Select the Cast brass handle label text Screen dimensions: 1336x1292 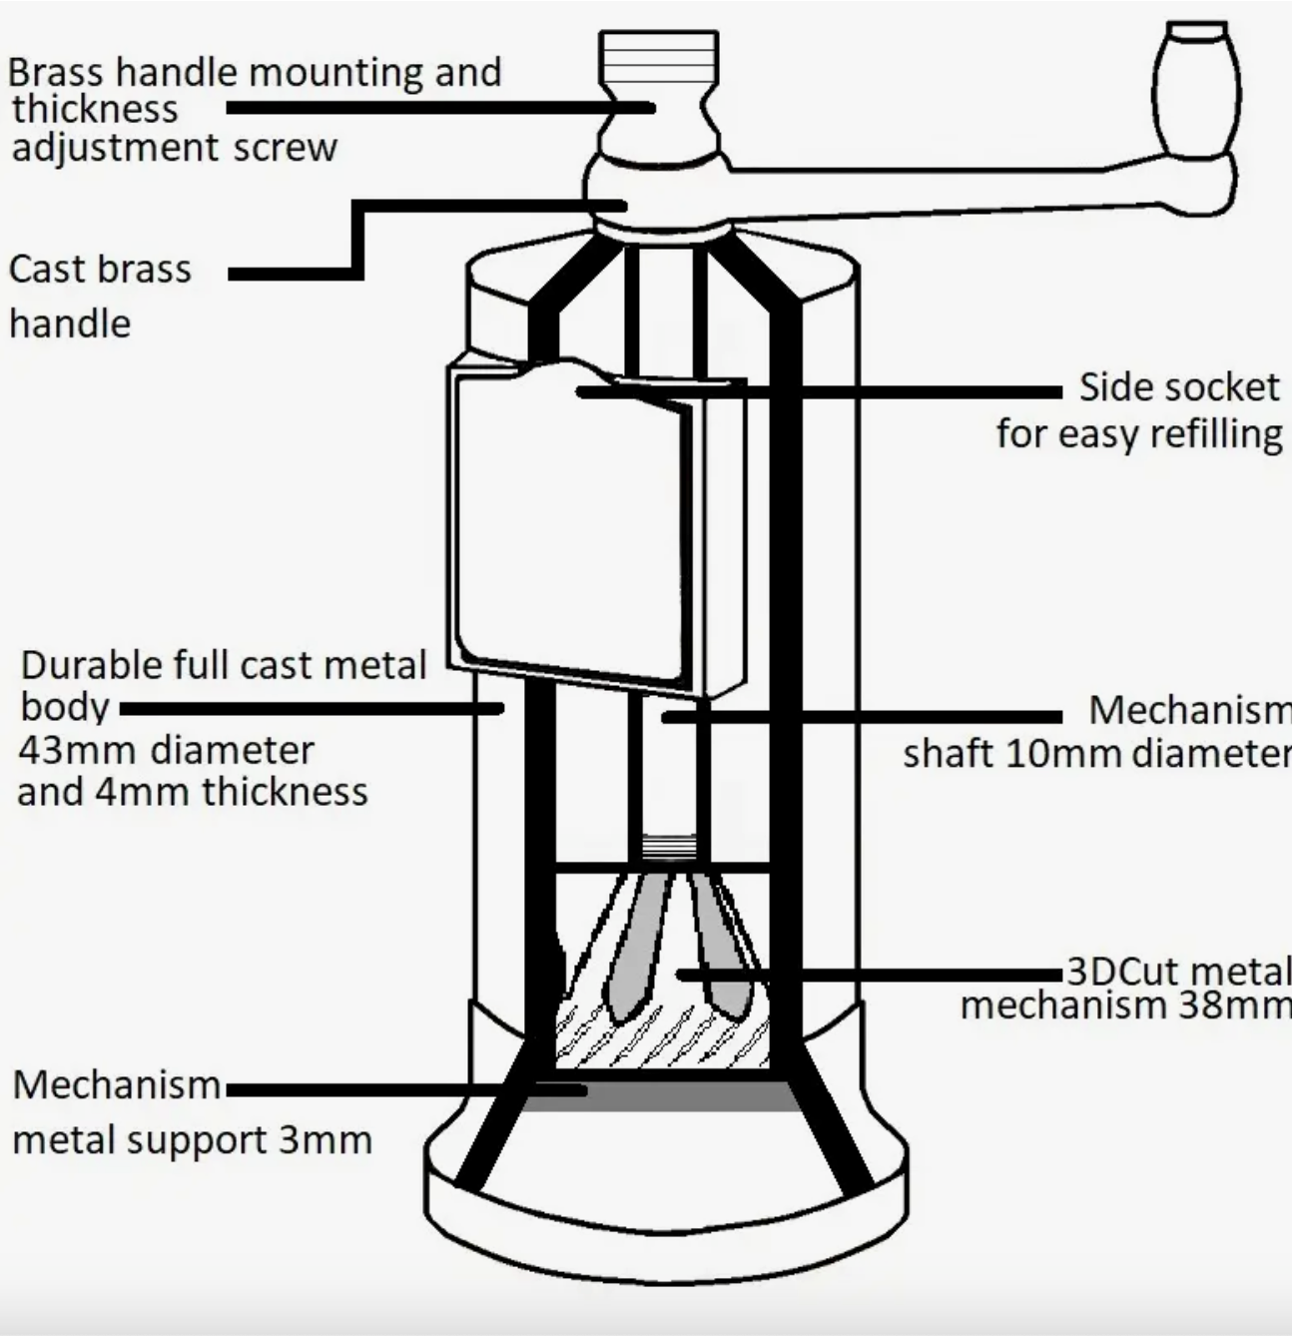click(100, 296)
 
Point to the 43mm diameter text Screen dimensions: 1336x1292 click(166, 750)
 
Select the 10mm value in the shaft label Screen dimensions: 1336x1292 click(1045, 754)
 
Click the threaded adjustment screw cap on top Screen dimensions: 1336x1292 click(658, 56)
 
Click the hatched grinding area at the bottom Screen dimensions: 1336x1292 click(659, 1038)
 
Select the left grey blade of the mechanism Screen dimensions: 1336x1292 click(635, 949)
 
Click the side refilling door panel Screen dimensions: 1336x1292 click(569, 529)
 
